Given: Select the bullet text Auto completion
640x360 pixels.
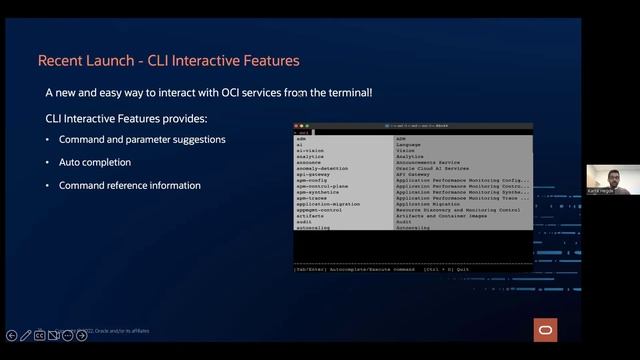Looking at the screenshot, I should (95, 162).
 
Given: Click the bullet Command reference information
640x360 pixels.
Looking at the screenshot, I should (130, 185).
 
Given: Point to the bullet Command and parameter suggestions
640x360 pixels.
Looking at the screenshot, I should (142, 139).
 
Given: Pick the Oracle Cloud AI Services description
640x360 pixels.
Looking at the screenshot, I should (432, 168).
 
